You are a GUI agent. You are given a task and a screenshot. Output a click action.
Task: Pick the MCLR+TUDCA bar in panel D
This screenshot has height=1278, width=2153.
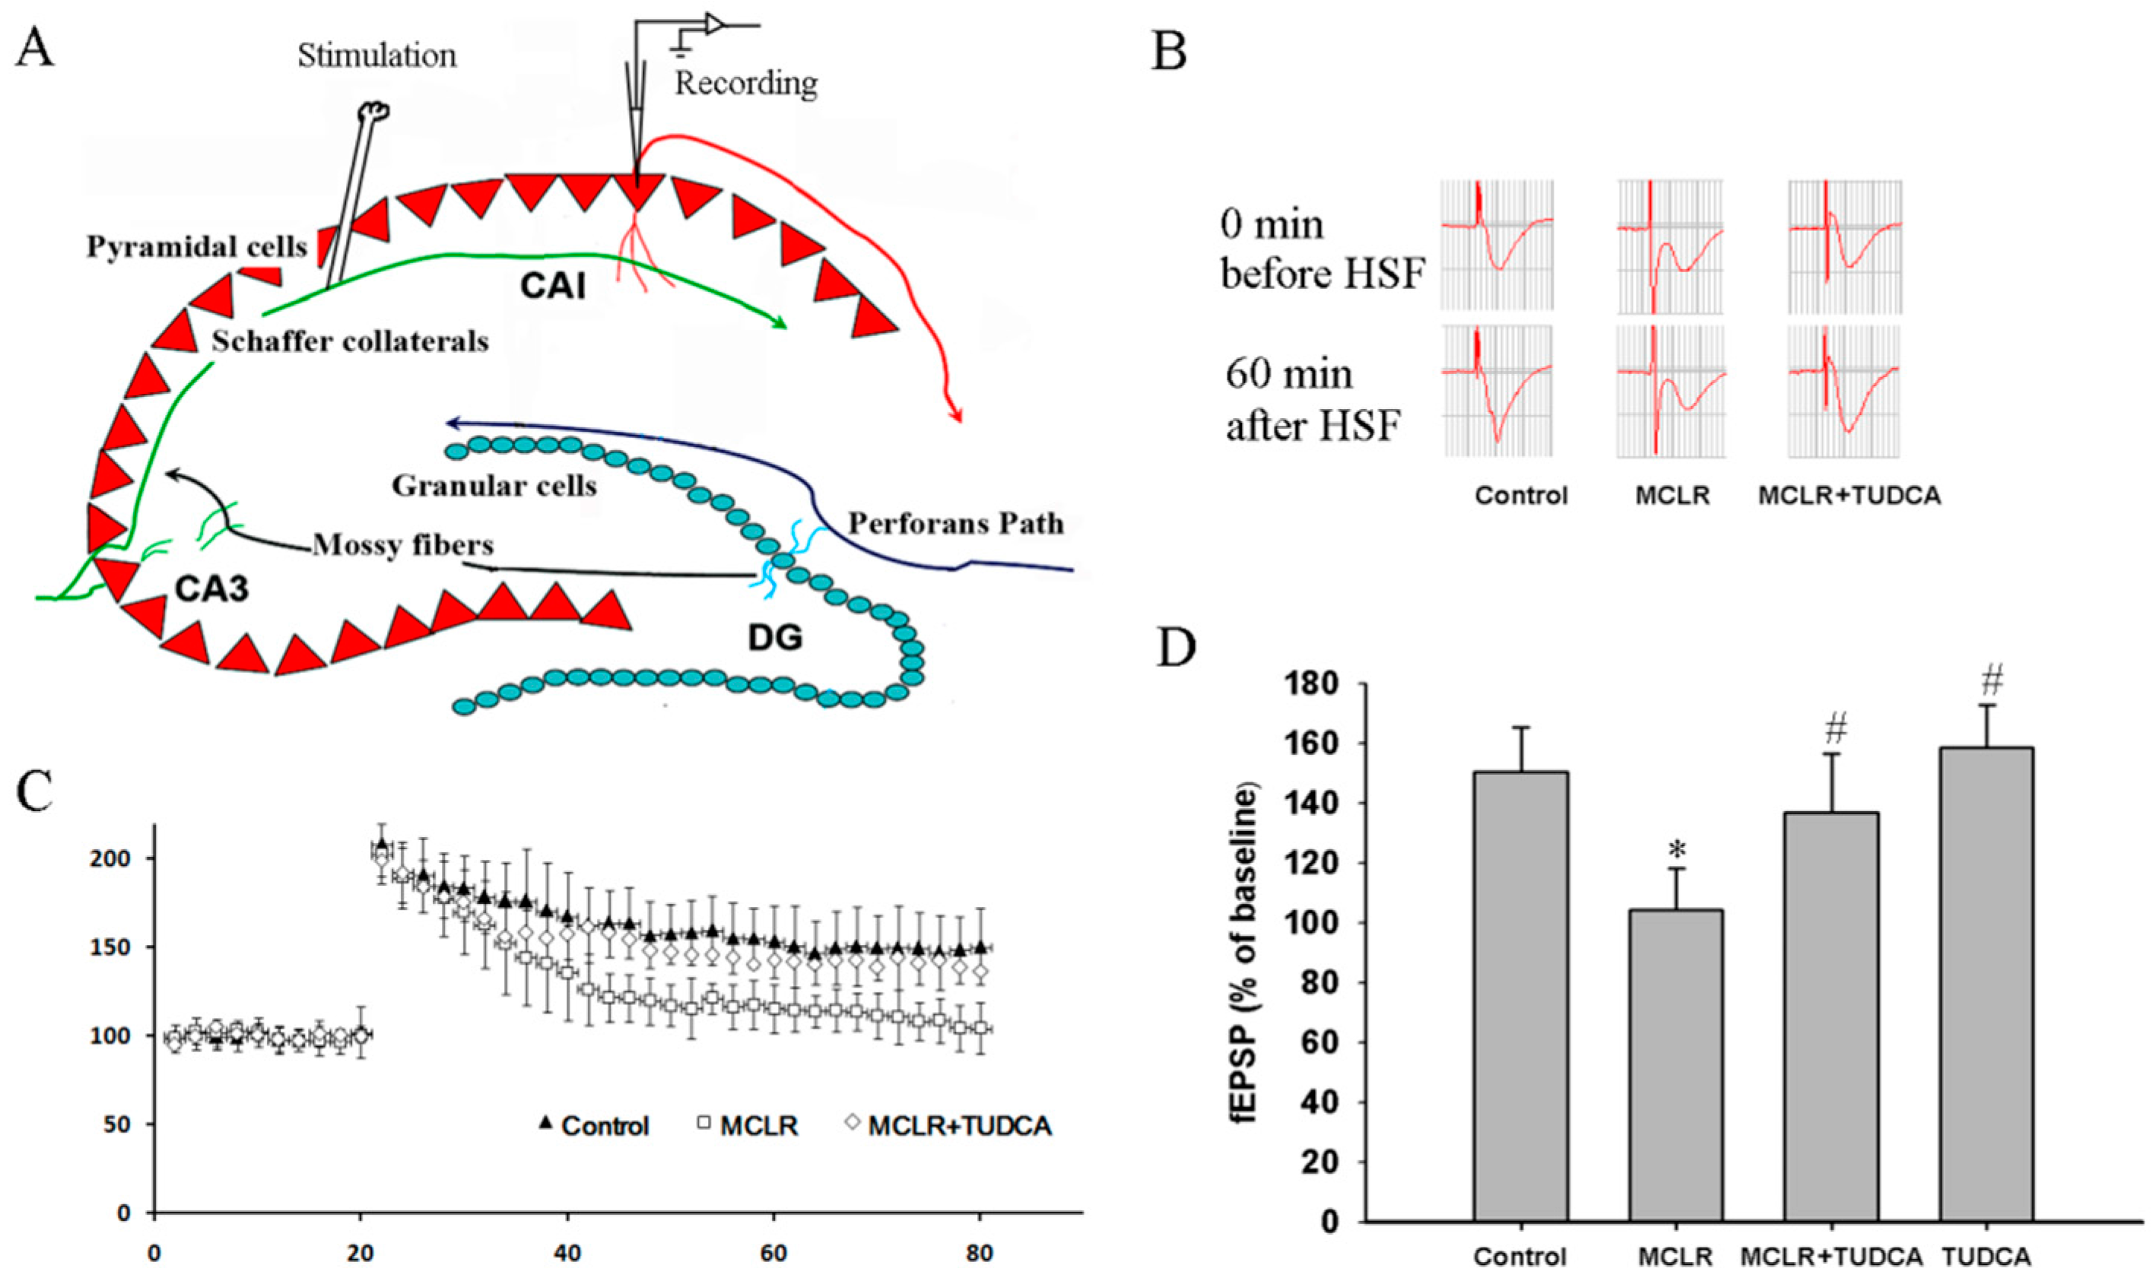1831,1016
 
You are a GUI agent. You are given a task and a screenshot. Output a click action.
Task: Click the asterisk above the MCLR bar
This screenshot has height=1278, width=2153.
1676,851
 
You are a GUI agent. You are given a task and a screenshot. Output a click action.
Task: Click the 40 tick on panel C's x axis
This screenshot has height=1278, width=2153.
567,1253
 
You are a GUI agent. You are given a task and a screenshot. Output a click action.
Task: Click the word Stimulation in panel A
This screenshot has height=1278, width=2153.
377,56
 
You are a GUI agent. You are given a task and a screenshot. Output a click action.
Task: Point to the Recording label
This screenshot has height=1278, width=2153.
746,84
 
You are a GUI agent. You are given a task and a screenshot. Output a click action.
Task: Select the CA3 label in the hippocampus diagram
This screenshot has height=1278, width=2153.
212,589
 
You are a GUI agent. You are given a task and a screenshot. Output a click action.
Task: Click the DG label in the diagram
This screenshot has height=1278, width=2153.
775,637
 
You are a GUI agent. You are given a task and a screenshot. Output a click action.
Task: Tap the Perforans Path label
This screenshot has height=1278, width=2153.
956,524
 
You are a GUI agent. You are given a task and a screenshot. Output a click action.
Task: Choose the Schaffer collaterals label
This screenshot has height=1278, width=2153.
351,342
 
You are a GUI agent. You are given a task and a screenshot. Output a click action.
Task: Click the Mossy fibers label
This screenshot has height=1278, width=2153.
403,545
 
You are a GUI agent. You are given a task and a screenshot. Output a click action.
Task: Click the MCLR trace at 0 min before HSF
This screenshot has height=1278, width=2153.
1671,247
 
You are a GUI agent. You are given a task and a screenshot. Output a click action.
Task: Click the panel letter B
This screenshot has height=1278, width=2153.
1170,52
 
